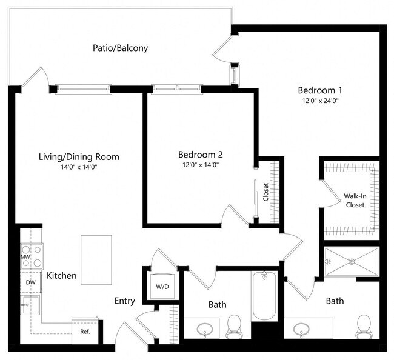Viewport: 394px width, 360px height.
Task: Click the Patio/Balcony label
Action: click(x=120, y=48)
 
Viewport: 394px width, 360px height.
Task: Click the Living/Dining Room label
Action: click(x=79, y=157)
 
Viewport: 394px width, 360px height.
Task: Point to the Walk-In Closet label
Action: click(x=355, y=201)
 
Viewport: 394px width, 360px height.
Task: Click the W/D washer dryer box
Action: click(x=162, y=285)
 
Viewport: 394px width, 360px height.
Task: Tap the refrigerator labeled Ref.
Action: click(x=85, y=332)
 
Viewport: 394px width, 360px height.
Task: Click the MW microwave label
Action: click(x=25, y=256)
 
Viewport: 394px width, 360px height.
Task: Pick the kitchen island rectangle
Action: click(x=96, y=260)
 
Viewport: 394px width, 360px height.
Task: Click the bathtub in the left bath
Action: click(x=264, y=297)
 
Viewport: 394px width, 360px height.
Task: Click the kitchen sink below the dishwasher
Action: click(x=29, y=305)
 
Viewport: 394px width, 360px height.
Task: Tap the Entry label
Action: click(x=124, y=301)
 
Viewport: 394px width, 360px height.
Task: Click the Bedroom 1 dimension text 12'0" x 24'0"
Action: click(x=318, y=101)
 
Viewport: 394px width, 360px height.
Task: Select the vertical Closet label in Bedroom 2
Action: click(x=265, y=192)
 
